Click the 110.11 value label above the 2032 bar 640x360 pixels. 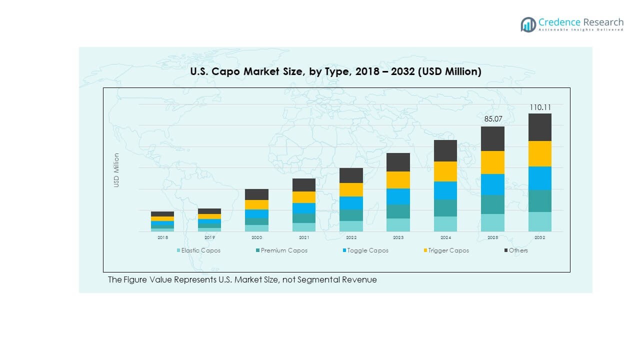(540, 107)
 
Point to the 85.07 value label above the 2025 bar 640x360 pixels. (492, 119)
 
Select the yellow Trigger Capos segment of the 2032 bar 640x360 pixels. (540, 153)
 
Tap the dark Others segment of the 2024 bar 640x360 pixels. (445, 150)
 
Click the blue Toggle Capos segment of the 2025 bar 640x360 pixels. (492, 184)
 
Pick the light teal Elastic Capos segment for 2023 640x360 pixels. (398, 225)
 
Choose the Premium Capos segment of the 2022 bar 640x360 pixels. (351, 215)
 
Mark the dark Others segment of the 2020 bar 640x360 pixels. (256, 194)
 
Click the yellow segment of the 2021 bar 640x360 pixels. (304, 197)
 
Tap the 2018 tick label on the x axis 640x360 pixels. (162, 237)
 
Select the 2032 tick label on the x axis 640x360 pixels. (540, 237)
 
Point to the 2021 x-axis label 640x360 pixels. (304, 237)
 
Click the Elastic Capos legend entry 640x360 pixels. (200, 250)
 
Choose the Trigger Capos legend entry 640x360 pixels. (448, 250)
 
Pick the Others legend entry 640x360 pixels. (518, 250)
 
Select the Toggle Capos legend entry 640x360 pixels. (367, 250)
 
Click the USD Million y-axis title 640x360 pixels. (116, 170)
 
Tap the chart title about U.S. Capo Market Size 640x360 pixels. (335, 72)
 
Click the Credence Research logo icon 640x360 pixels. (528, 24)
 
